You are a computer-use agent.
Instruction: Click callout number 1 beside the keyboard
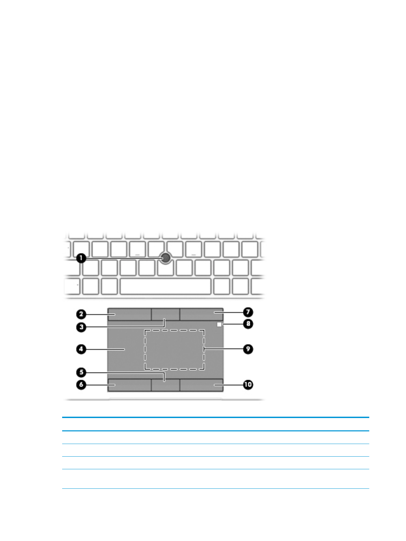pos(81,258)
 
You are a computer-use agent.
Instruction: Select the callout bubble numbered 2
pos(81,314)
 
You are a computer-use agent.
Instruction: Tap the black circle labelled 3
pos(81,327)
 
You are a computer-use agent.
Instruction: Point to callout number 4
pos(81,349)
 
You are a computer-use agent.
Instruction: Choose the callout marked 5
pos(81,372)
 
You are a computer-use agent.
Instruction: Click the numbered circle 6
pos(81,385)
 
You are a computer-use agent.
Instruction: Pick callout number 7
pos(248,312)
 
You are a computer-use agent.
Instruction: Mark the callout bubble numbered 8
pos(248,323)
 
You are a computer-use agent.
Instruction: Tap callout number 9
pos(248,349)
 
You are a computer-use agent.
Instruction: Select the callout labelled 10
pos(248,385)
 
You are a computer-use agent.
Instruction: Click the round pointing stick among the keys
pos(165,258)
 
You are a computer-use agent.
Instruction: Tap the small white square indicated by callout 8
pos(219,324)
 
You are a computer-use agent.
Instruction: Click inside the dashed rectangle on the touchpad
pos(174,349)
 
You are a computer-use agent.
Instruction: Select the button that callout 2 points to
pos(129,314)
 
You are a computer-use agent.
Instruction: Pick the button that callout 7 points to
pos(201,314)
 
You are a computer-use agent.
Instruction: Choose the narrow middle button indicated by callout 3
pos(165,314)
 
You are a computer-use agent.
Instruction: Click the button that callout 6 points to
pos(129,385)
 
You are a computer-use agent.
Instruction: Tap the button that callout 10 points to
pos(201,385)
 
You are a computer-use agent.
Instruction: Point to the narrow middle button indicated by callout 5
pos(165,385)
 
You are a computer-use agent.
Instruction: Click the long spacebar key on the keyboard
pos(165,286)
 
